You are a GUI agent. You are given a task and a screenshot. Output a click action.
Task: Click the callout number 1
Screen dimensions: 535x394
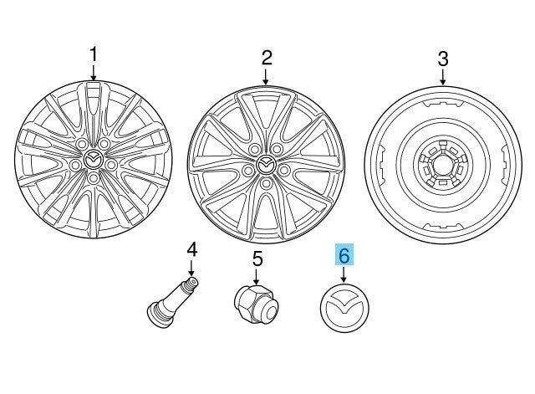pyautogui.click(x=94, y=55)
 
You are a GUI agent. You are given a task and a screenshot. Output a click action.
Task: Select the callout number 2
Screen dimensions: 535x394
pyautogui.click(x=267, y=58)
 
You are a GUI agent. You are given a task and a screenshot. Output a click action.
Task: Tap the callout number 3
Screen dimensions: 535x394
pyautogui.click(x=443, y=59)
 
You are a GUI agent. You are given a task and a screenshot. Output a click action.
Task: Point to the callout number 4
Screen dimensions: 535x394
pyautogui.click(x=192, y=249)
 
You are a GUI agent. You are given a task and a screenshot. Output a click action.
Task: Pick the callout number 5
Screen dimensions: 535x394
pyautogui.click(x=257, y=258)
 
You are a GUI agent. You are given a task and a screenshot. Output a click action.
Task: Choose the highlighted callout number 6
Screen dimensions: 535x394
pyautogui.click(x=344, y=255)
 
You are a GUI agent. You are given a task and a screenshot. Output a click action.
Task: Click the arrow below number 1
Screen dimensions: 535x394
pyautogui.click(x=94, y=74)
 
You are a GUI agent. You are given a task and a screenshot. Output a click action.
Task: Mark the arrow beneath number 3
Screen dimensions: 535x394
pyautogui.click(x=443, y=77)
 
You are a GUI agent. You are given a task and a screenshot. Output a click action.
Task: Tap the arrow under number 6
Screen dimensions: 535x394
pyautogui.click(x=344, y=275)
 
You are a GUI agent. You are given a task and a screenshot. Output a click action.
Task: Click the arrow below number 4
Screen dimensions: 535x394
pyautogui.click(x=191, y=269)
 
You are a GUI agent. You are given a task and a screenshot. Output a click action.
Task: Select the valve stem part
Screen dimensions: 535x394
pyautogui.click(x=173, y=303)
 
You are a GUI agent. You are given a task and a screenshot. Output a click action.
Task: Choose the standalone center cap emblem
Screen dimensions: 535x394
pyautogui.click(x=344, y=308)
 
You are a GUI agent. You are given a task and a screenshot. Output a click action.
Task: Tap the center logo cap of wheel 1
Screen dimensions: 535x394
pyautogui.click(x=94, y=159)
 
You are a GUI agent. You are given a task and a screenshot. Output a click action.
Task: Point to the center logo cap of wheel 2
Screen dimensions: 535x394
pyautogui.click(x=266, y=165)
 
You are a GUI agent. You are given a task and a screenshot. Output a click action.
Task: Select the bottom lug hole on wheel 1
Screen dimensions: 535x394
pyautogui.click(x=94, y=178)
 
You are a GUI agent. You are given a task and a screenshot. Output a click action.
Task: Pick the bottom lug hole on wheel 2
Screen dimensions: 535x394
pyautogui.click(x=266, y=183)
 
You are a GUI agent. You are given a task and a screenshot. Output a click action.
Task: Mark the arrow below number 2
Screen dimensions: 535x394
pyautogui.click(x=266, y=77)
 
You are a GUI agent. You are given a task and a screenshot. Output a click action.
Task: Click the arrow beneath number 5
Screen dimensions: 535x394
pyautogui.click(x=257, y=277)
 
